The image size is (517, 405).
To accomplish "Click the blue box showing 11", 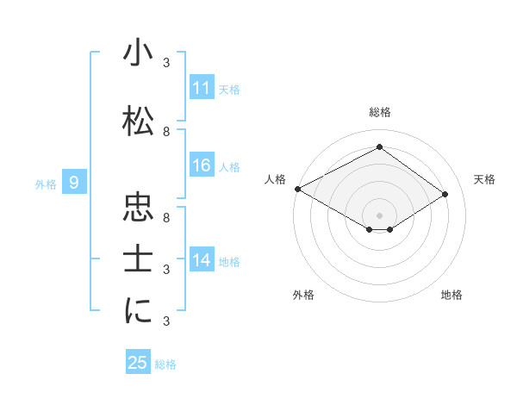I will pos(201,89).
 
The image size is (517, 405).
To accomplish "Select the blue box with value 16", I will pos(201,166).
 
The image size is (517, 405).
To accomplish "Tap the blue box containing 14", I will pos(201,261).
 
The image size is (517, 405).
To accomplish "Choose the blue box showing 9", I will pos(74,183).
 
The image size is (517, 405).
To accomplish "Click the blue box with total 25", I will pos(138,363).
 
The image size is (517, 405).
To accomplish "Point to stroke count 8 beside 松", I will pos(166,132).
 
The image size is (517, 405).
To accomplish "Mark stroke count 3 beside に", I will pos(166,321).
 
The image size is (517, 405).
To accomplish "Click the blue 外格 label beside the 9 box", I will pos(46,184).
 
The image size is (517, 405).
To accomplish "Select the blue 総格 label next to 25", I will pos(165,364).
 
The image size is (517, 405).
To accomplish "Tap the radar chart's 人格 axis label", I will pos(276,178).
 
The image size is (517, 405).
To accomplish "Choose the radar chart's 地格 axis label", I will pos(452,295).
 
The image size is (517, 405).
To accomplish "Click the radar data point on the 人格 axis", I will pos(297,189).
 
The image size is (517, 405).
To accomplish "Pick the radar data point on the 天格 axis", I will pos(445,195).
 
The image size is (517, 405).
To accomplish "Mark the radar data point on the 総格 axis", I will pos(379,147).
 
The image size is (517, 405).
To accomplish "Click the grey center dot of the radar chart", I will pos(379,214).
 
